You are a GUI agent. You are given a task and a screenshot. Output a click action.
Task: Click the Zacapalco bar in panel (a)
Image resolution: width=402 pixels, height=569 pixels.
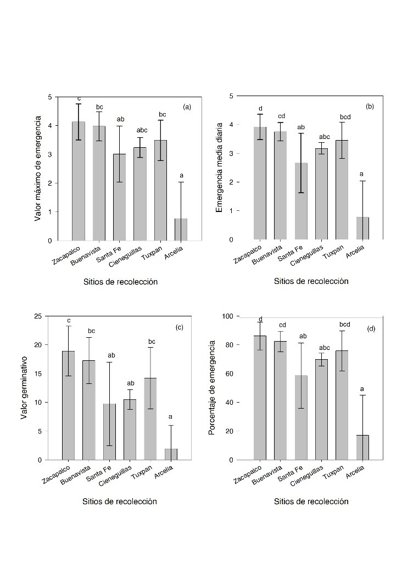(x=79, y=181)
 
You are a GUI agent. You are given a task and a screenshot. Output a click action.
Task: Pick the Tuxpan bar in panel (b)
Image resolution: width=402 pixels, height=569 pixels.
(x=342, y=190)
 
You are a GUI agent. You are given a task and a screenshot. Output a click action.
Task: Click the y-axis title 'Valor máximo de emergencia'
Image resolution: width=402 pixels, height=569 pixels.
(x=38, y=169)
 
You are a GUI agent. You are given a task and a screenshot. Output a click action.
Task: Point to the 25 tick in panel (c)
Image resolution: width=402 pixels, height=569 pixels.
(x=38, y=316)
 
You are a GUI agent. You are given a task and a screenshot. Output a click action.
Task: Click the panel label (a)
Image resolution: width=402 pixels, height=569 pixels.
(x=187, y=107)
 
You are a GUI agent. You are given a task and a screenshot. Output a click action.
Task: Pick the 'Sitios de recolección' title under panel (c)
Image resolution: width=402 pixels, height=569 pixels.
(x=120, y=501)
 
